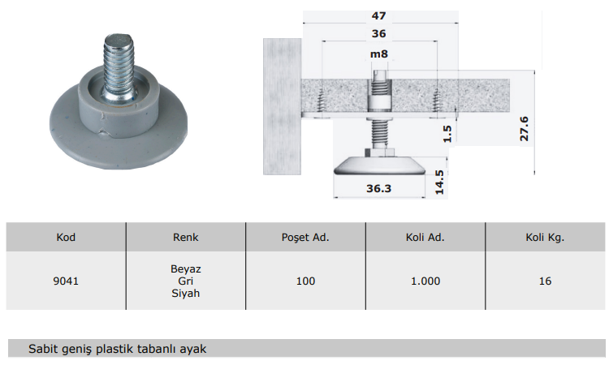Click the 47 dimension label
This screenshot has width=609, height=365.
[x=378, y=16]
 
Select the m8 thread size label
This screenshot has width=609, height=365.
[x=378, y=54]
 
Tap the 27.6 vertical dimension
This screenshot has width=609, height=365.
[x=524, y=129]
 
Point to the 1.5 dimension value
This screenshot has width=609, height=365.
[x=447, y=134]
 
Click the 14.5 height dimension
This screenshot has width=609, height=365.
[x=439, y=182]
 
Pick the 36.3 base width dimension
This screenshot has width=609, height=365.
[x=378, y=188]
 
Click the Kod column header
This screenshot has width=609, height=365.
[x=66, y=238]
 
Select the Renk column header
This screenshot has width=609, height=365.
[x=186, y=238]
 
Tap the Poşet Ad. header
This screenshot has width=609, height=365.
[x=305, y=238]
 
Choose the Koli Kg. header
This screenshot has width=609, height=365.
[x=545, y=238]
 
